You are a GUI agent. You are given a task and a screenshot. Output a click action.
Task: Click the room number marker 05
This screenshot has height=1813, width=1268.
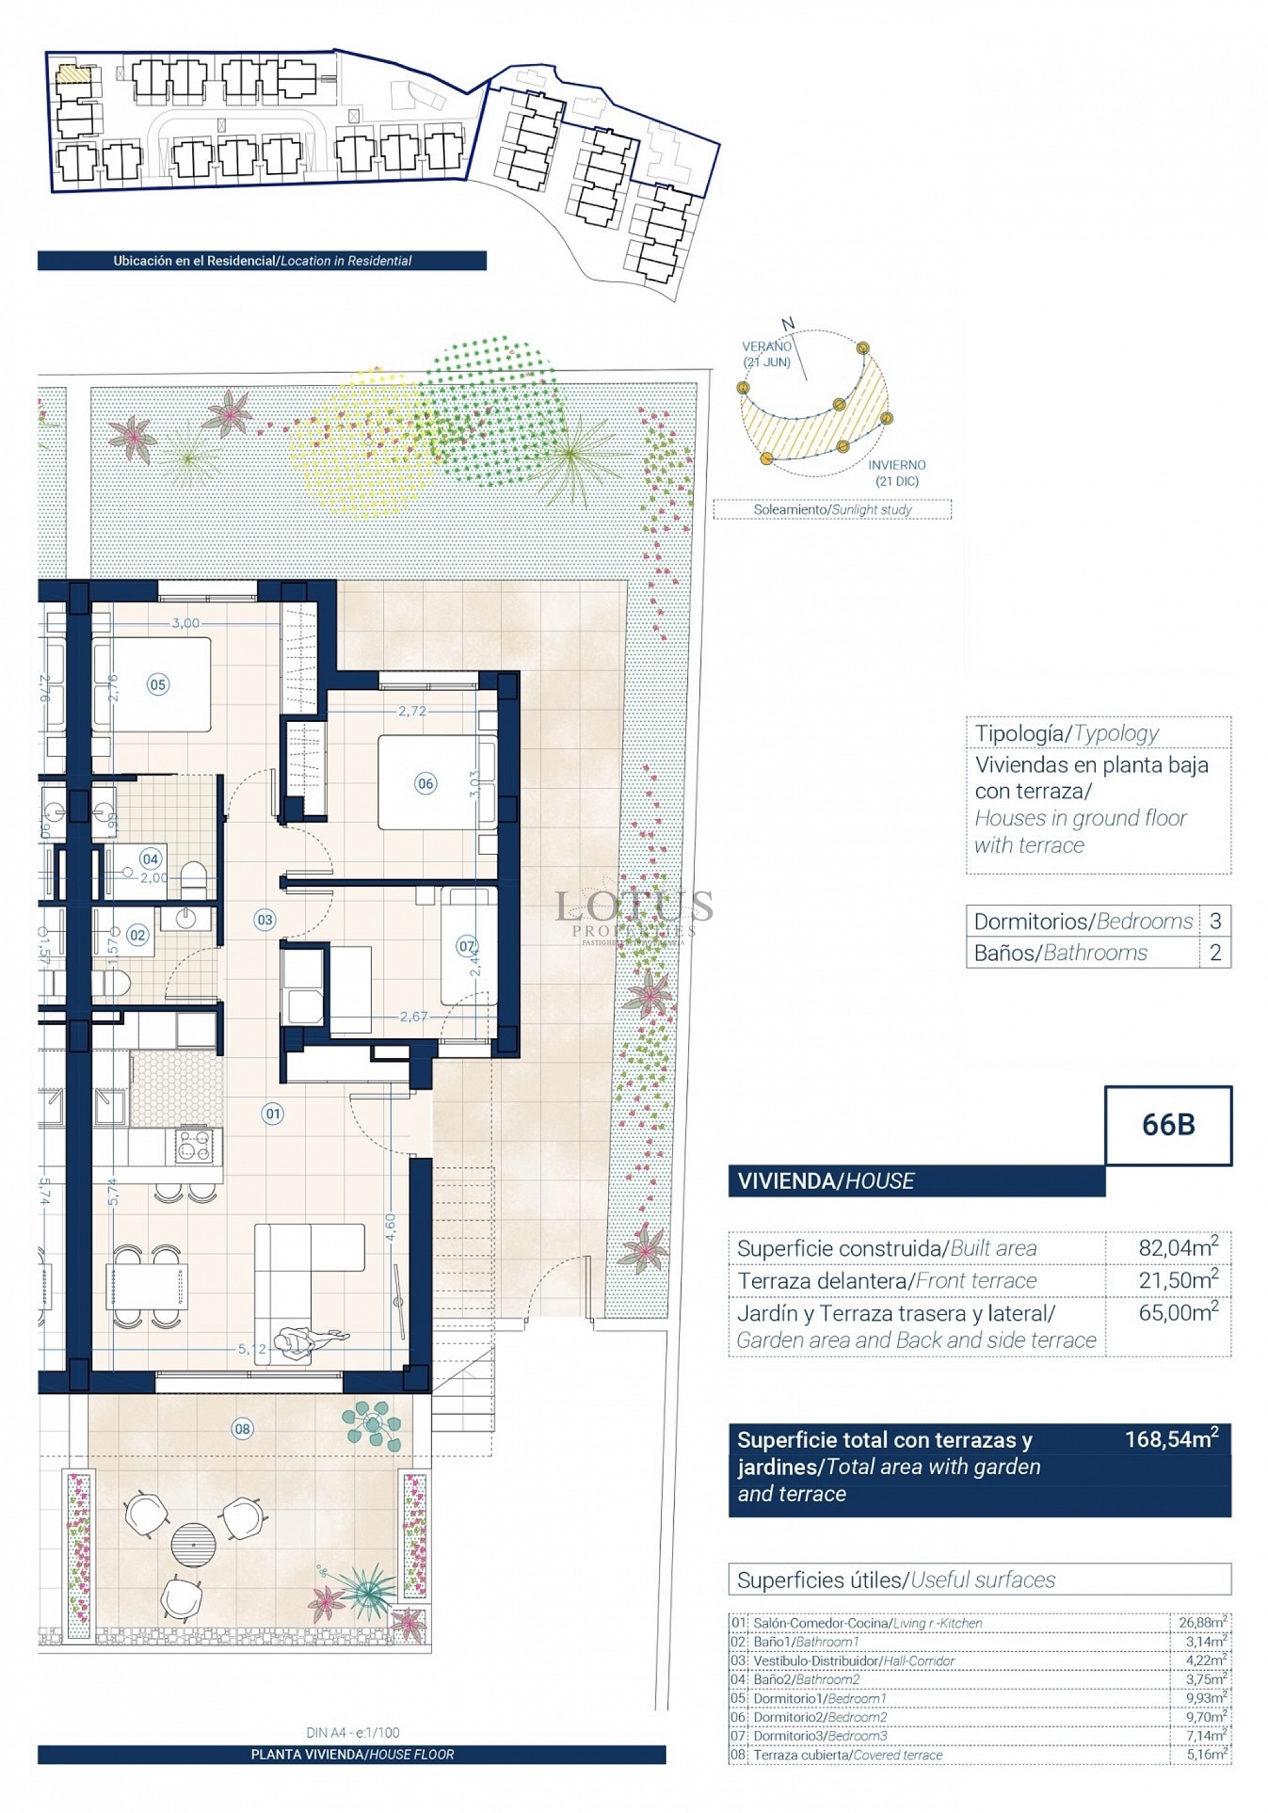pos(158,685)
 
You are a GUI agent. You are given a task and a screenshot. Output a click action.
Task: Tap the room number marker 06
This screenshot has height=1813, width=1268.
pos(425,783)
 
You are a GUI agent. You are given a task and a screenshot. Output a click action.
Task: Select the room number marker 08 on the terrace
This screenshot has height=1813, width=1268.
pos(242,1429)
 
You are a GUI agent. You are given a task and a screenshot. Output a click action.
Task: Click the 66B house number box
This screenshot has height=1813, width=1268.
pos(1168,1124)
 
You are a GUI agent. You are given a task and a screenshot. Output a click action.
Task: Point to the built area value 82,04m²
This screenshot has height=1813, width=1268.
pos(1178,1248)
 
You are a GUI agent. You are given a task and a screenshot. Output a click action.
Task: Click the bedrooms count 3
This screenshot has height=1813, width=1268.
pos(1215,921)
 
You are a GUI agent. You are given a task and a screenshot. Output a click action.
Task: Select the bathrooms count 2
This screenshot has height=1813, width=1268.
pos(1215,952)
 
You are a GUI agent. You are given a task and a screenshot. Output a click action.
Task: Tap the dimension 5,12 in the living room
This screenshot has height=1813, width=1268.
pos(252,1349)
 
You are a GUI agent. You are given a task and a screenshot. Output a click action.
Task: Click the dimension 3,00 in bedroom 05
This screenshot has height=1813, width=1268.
pos(186,623)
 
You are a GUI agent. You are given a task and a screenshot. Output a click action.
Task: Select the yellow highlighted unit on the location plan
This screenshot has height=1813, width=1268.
pos(73,75)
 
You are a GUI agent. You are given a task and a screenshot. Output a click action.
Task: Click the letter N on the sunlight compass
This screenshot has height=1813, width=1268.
pos(787,324)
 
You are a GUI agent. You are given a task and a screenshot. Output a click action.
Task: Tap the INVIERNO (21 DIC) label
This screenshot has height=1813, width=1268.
pos(896,473)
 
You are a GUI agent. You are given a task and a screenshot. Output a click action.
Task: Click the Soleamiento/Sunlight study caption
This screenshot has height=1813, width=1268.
pos(832,509)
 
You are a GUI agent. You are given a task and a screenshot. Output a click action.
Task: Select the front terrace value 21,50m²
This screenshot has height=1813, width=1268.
pos(1178,1280)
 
